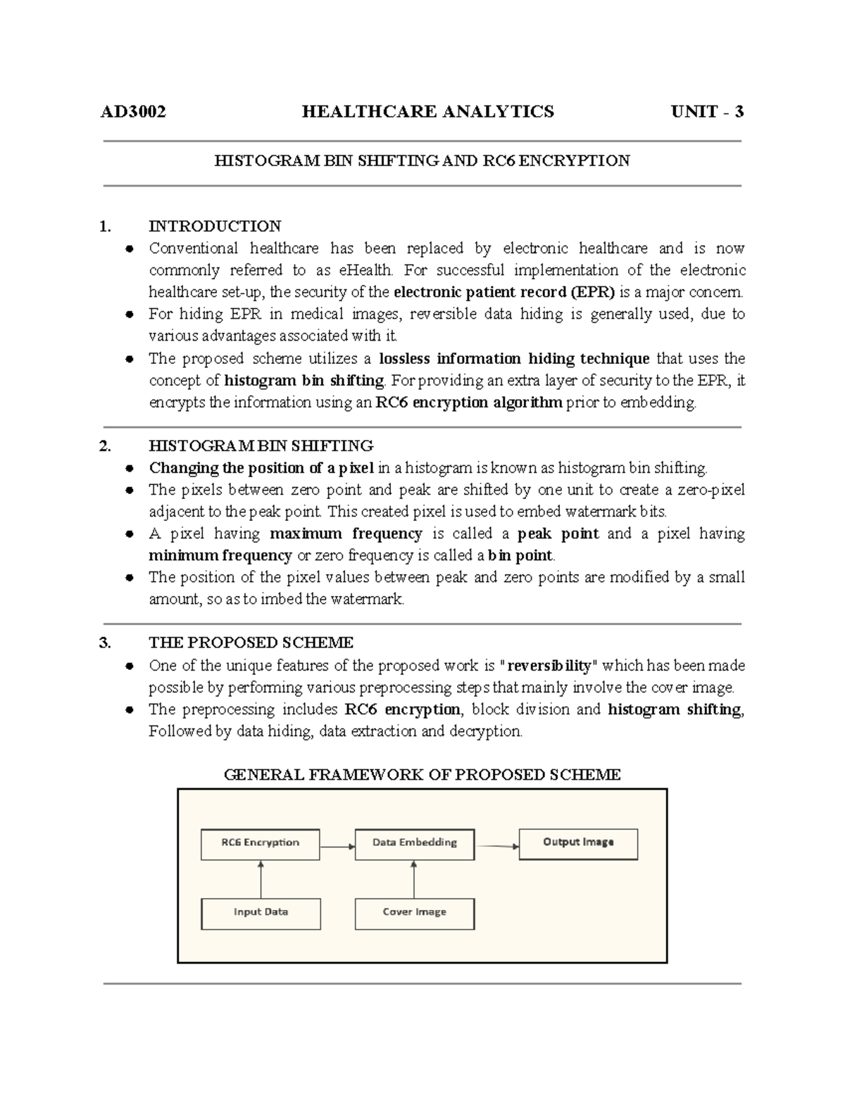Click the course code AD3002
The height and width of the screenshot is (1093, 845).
click(x=133, y=111)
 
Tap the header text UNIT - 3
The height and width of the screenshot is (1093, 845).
click(x=707, y=111)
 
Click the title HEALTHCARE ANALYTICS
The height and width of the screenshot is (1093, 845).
click(x=427, y=111)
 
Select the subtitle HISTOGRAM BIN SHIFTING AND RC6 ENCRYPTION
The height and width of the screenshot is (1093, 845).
click(x=422, y=160)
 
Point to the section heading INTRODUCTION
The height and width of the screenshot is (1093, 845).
click(x=215, y=226)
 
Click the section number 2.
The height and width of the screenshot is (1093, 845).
click(x=106, y=446)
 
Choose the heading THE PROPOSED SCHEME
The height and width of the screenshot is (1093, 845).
click(x=251, y=643)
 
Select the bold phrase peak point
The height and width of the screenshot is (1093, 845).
click(x=558, y=533)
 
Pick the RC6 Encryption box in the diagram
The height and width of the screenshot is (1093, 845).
click(x=260, y=843)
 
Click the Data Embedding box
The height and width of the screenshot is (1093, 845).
click(x=414, y=843)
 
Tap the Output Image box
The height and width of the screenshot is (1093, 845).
click(x=578, y=843)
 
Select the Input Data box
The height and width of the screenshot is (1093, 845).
click(x=261, y=913)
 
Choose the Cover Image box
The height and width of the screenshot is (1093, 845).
click(x=414, y=913)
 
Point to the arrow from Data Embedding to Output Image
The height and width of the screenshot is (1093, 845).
click(x=496, y=846)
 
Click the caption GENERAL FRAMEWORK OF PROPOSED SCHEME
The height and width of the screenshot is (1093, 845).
click(x=422, y=775)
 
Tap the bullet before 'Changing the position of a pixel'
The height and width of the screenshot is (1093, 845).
click(x=130, y=468)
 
